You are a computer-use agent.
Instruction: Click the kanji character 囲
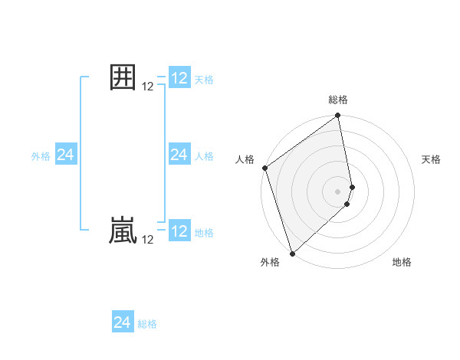123,78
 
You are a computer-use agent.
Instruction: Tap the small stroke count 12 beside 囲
148,87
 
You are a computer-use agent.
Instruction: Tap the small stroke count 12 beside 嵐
148,240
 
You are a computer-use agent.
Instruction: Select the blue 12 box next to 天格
179,78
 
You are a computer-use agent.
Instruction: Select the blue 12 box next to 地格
179,231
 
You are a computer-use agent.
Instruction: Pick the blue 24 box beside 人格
179,155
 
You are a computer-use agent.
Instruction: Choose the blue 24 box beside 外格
66,155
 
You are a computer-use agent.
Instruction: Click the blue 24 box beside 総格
123,322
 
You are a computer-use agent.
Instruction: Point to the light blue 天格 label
204,79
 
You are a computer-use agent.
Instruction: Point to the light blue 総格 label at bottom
147,324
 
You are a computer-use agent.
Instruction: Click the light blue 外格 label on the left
41,156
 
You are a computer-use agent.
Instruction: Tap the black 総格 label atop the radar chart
338,100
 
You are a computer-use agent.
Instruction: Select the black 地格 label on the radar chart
402,262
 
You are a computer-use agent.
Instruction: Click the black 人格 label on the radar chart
245,159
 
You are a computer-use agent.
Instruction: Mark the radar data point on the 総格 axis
338,116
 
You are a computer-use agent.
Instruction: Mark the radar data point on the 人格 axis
264,168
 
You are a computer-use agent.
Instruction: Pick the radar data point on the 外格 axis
291,254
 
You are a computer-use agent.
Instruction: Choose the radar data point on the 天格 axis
352,186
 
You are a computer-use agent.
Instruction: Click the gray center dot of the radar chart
338,191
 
